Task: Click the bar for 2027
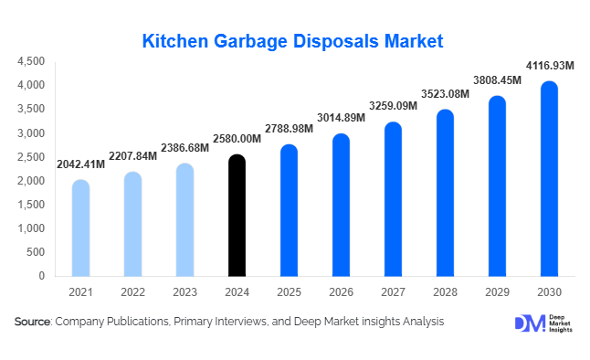(394, 198)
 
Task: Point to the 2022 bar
(132, 224)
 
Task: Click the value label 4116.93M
(549, 66)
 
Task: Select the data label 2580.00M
(237, 139)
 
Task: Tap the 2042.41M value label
(80, 164)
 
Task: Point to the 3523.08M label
(445, 94)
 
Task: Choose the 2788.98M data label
(289, 129)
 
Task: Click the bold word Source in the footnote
(32, 323)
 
